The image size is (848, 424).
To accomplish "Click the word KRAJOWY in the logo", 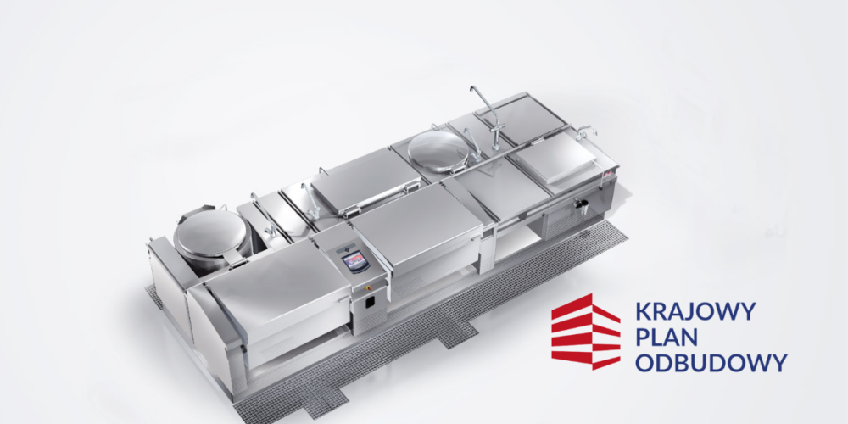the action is point(695,312).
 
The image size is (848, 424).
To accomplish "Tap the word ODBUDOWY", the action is point(711,362).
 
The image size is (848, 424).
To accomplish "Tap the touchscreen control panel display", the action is point(356,260).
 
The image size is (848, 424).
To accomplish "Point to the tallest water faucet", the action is point(489,115).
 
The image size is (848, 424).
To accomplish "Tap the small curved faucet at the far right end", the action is point(586,131).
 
